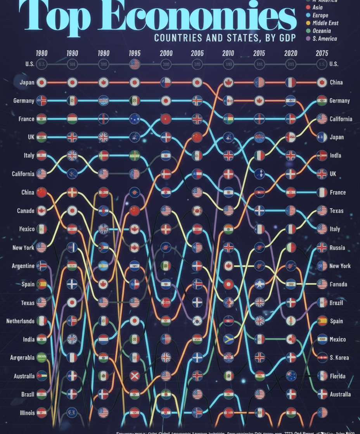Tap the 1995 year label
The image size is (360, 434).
click(135, 53)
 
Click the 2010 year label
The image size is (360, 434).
click(228, 53)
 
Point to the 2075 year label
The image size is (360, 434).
click(322, 53)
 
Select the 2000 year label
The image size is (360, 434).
click(166, 53)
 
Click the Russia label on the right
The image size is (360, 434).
click(337, 247)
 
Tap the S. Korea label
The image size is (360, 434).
click(339, 358)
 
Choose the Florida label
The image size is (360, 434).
click(338, 376)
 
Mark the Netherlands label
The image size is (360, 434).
click(20, 321)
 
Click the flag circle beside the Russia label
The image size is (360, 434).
click(322, 247)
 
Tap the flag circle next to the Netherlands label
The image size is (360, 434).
click(41, 321)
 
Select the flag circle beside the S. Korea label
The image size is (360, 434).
click(322, 358)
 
